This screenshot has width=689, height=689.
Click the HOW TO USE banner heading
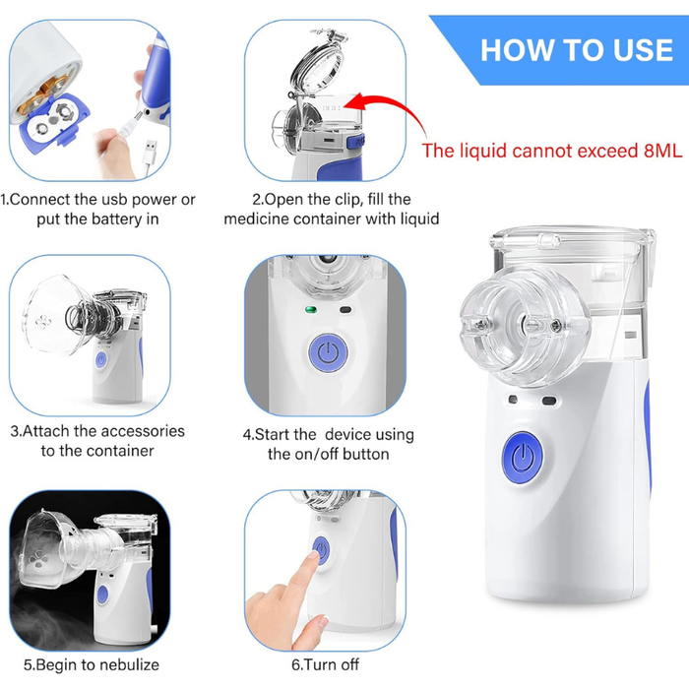(x=576, y=49)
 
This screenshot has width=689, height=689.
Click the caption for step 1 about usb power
(x=98, y=209)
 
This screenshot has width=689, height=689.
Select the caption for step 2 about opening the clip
(x=331, y=209)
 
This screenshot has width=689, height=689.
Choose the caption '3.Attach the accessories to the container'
(x=97, y=440)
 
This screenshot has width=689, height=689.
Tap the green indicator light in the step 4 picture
(x=308, y=312)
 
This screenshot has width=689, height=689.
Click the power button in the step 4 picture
(x=325, y=352)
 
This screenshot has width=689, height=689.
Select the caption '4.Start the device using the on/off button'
(x=329, y=444)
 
